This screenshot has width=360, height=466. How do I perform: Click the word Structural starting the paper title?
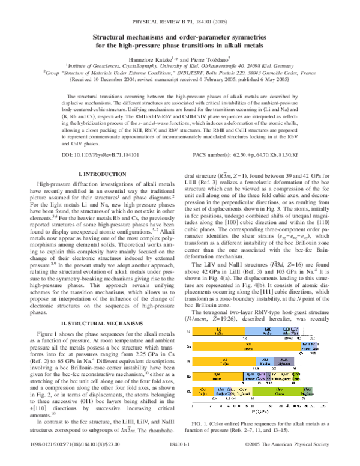[x=112, y=37]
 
